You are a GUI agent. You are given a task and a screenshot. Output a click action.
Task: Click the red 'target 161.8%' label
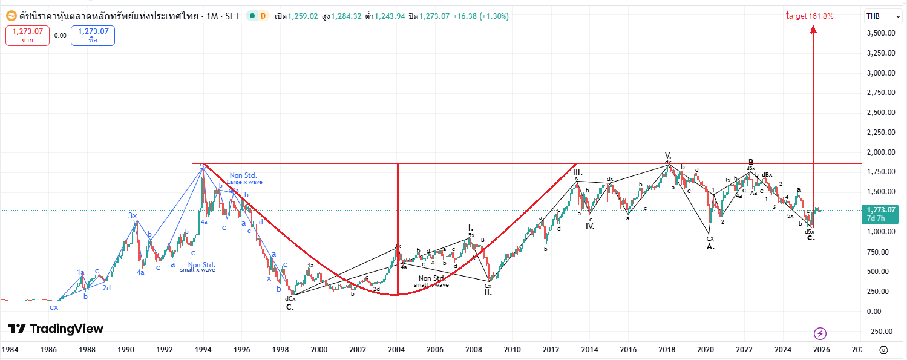(810, 16)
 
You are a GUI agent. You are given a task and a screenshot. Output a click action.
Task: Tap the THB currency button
(873, 16)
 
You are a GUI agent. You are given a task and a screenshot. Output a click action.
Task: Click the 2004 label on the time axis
(397, 350)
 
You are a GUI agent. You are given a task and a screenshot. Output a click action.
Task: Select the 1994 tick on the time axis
(203, 350)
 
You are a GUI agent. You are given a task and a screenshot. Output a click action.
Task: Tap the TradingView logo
(56, 329)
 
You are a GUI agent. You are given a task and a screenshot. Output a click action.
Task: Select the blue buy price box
(93, 35)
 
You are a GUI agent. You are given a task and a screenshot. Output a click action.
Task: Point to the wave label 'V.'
(668, 155)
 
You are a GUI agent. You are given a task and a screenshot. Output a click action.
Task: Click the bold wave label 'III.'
(577, 172)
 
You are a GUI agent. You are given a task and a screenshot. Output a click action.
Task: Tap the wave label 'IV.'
(590, 227)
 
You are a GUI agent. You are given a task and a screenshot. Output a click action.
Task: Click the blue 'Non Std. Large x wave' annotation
(244, 178)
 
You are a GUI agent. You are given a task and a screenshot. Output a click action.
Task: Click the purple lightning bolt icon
(820, 333)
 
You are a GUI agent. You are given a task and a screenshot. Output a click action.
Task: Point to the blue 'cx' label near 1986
(54, 307)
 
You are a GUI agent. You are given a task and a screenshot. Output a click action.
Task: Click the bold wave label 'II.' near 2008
(488, 292)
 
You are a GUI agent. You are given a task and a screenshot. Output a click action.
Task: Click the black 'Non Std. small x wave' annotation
(431, 281)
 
